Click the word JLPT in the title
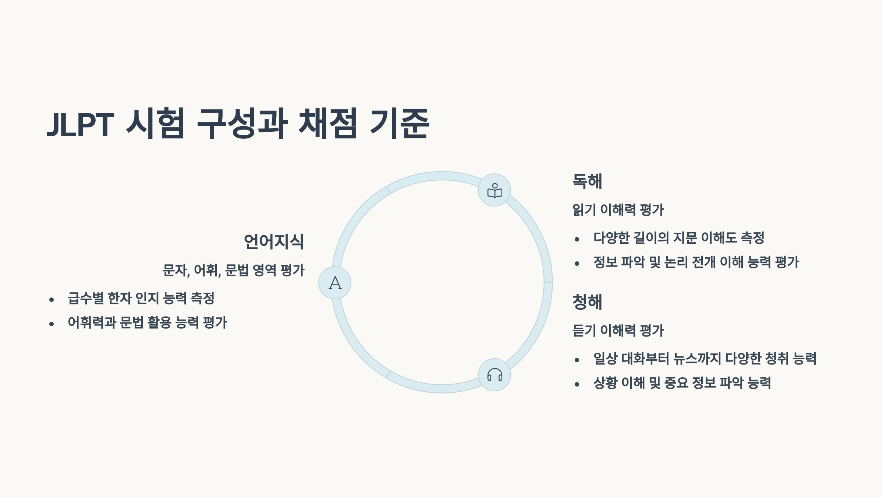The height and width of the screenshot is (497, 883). (80, 124)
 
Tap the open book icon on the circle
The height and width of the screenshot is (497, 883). (494, 190)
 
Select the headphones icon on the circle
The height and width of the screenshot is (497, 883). (494, 375)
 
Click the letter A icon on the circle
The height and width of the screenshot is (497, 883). (335, 283)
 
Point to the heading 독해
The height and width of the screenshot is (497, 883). (587, 181)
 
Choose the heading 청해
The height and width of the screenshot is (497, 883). (587, 302)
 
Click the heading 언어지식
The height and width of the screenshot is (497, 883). (274, 242)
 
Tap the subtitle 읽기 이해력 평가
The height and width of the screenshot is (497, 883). (618, 210)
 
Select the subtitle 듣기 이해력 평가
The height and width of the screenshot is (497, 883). (618, 331)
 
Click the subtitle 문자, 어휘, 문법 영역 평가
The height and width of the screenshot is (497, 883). (234, 270)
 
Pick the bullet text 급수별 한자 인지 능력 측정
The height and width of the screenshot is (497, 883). (141, 298)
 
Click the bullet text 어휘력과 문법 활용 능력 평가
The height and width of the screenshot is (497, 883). (147, 322)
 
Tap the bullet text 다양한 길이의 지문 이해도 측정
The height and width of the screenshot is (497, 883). (679, 238)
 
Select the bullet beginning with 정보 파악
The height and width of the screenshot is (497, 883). (696, 262)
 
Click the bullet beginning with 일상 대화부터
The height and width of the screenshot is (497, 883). (705, 359)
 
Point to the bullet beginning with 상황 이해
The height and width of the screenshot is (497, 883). (682, 383)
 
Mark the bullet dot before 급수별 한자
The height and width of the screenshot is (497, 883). (52, 300)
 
